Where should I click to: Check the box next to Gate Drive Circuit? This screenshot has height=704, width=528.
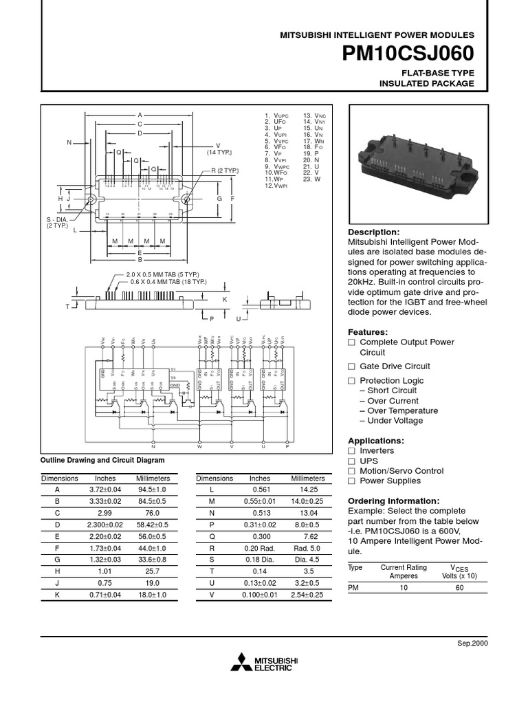click(x=351, y=366)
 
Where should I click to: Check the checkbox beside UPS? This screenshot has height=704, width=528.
click(x=351, y=461)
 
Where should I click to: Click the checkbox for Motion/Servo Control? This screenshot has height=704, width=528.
click(x=351, y=472)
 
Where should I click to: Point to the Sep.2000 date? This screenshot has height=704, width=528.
click(x=472, y=642)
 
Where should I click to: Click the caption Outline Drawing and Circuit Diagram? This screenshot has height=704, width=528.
click(x=103, y=460)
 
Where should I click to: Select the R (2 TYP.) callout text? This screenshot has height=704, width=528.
click(x=224, y=170)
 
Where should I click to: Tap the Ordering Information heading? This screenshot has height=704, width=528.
click(x=393, y=500)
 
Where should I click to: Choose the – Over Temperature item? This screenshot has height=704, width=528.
click(x=398, y=410)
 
